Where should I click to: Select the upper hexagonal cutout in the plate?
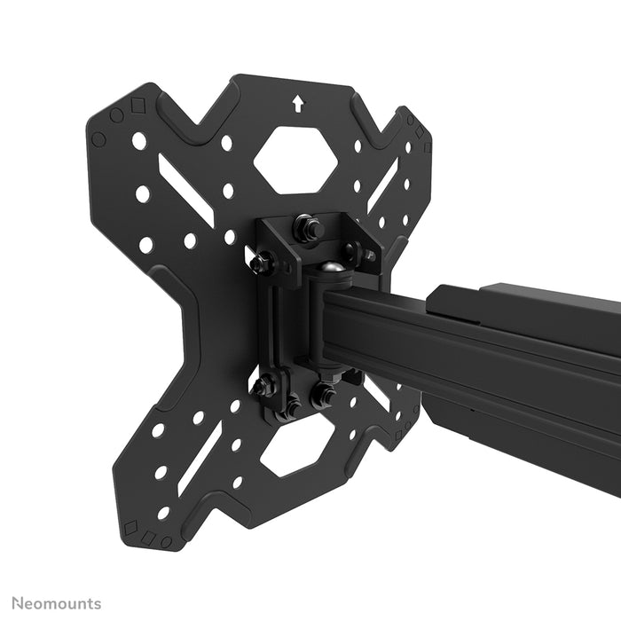pos(295,161)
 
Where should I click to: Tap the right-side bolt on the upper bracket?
pos(365,255)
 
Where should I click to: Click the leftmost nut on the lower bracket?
pos(263,386)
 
